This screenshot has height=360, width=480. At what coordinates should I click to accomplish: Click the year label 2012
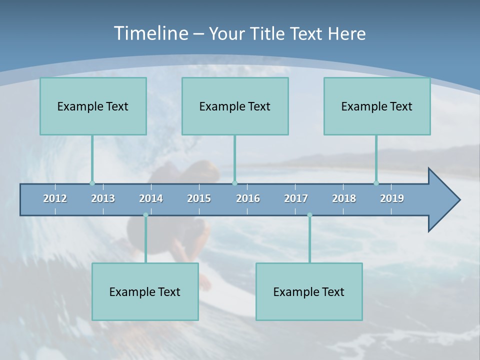(55, 198)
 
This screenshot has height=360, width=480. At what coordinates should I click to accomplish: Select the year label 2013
(103, 198)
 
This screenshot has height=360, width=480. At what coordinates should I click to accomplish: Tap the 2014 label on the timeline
(151, 198)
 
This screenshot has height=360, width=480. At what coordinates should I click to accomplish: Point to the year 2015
(199, 198)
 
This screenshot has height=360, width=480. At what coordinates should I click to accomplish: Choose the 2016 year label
(248, 198)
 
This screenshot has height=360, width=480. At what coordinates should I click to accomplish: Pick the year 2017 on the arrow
(296, 198)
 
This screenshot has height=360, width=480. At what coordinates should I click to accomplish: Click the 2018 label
(344, 198)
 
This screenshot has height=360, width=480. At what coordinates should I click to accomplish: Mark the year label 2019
(392, 198)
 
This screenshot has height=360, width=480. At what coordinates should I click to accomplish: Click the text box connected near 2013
(93, 106)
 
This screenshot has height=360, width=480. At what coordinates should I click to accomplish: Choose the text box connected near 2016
(235, 106)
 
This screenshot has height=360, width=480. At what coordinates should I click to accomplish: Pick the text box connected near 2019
(377, 106)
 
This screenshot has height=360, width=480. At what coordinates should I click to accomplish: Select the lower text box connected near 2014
(145, 291)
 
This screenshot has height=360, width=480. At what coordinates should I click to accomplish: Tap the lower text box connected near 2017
(309, 291)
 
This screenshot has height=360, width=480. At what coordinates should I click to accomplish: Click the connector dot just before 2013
(92, 183)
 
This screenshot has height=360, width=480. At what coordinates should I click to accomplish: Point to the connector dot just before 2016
(234, 183)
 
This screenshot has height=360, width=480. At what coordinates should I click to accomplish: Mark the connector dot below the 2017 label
(309, 215)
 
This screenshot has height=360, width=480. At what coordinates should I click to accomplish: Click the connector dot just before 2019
(376, 183)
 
